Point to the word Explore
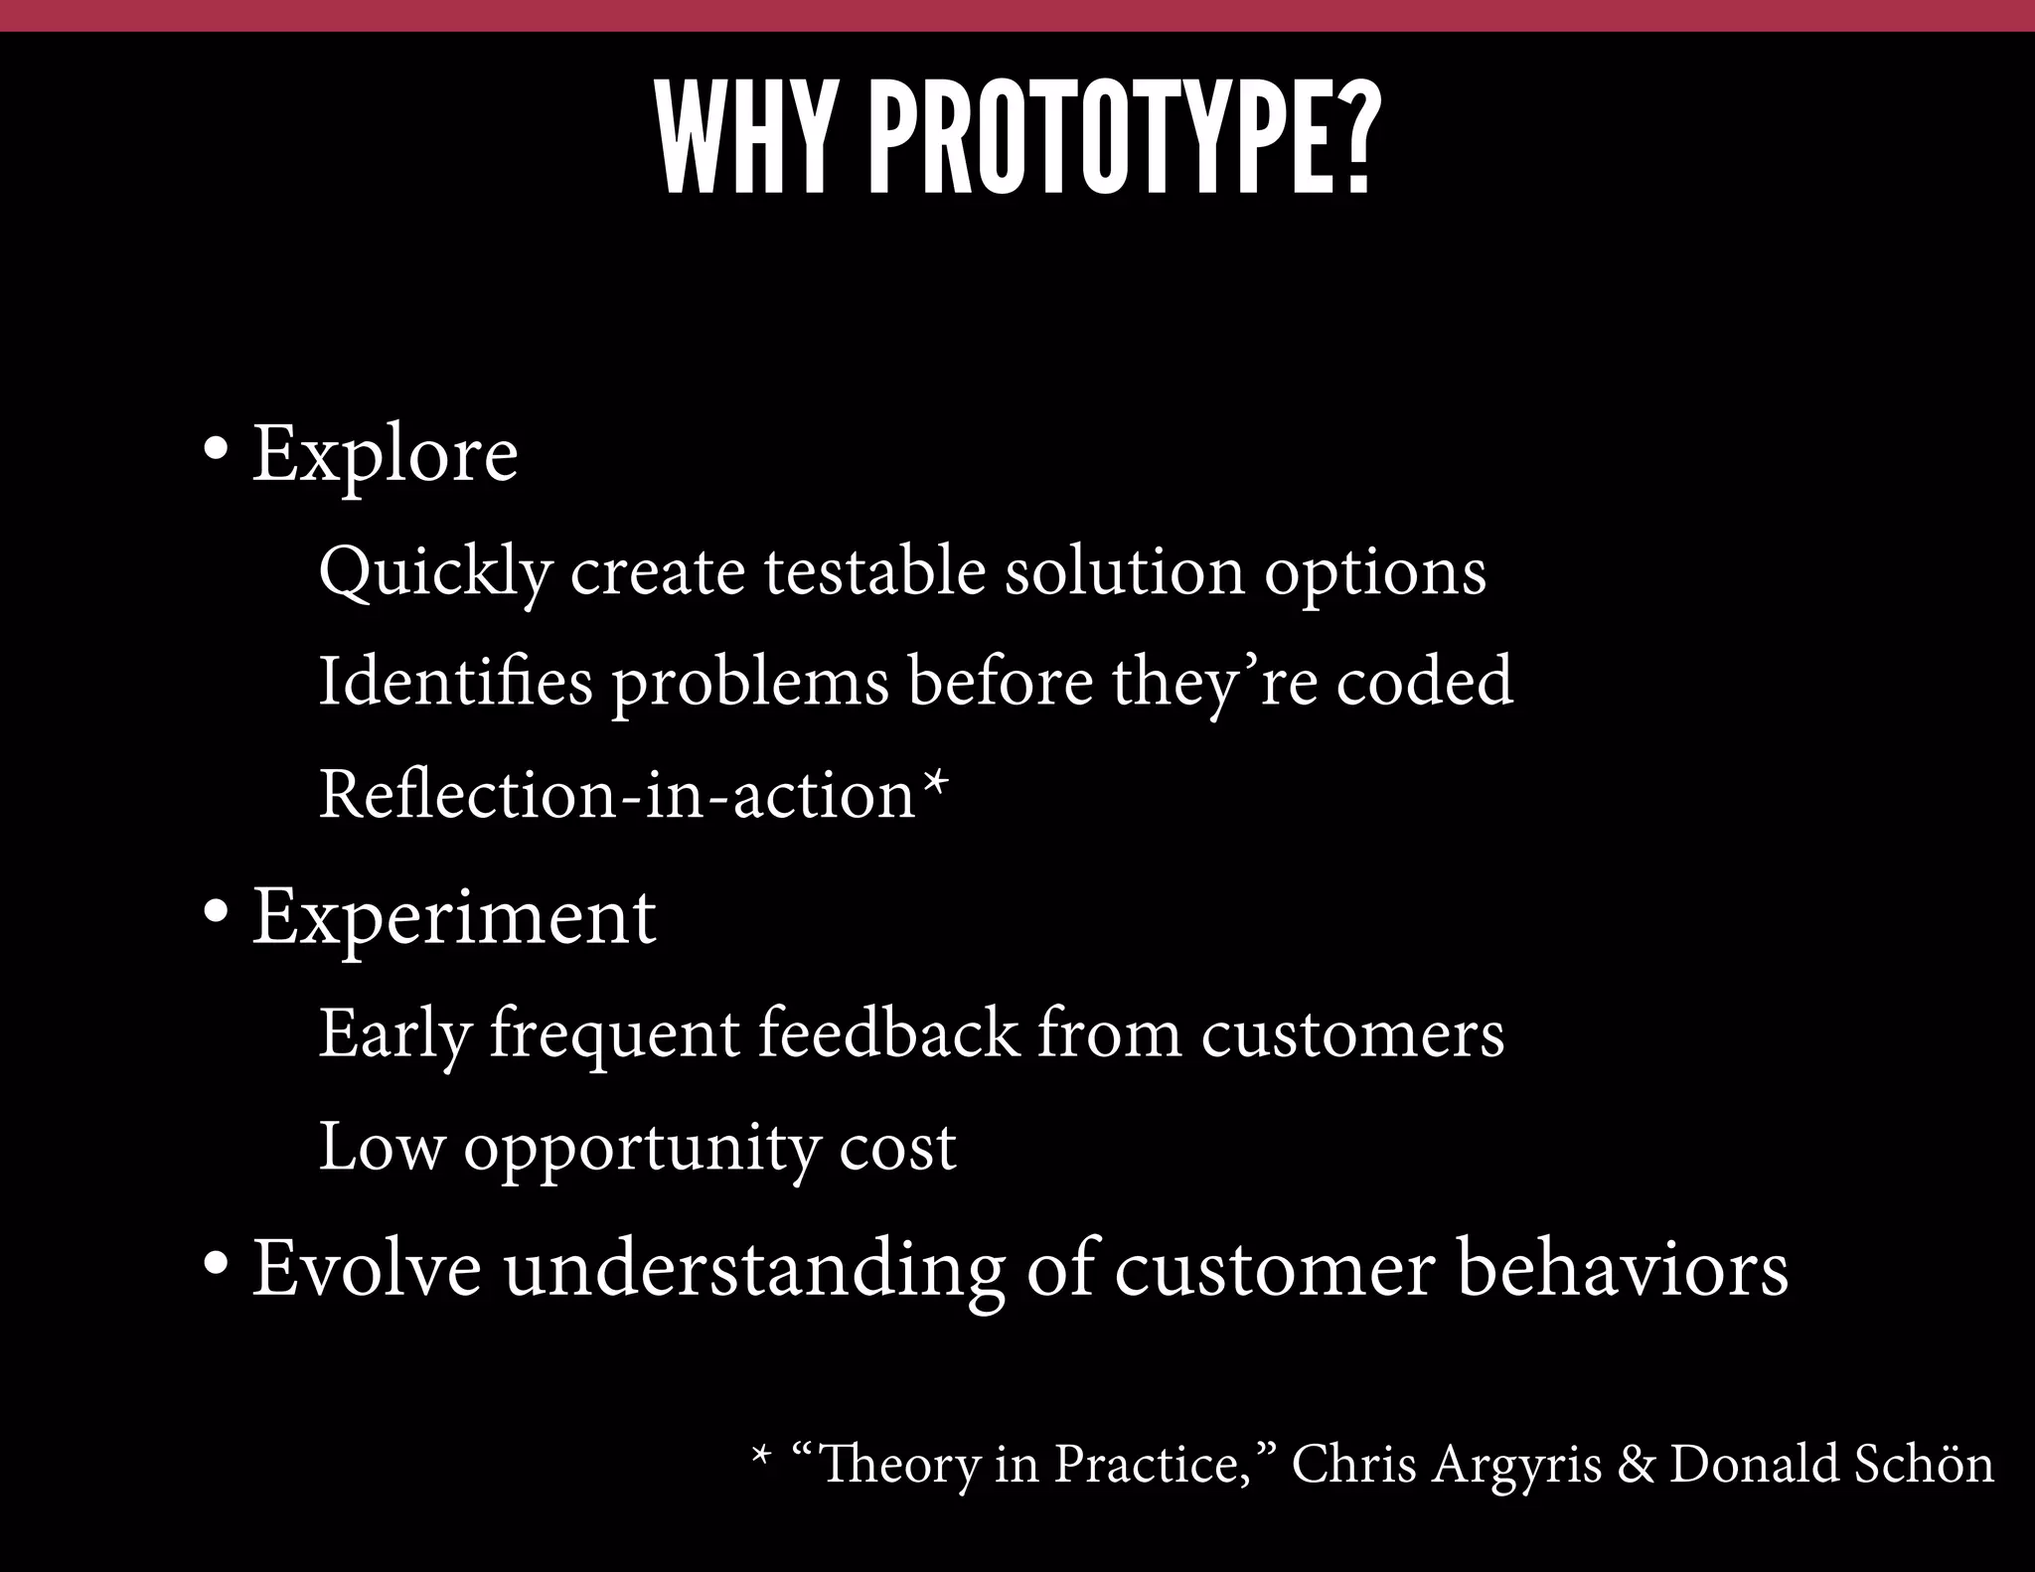click(385, 455)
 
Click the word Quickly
click(434, 574)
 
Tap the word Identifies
click(454, 684)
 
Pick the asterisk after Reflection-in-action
click(935, 785)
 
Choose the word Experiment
click(453, 918)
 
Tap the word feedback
click(888, 1033)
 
